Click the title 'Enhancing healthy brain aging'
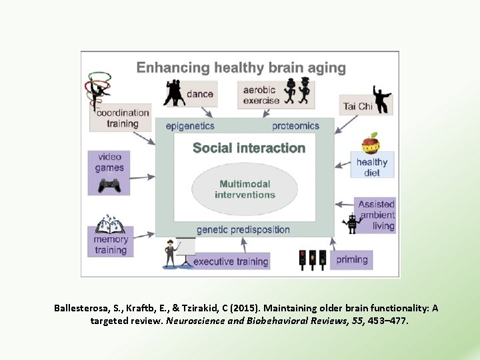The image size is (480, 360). (x=241, y=67)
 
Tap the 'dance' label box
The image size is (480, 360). (x=199, y=94)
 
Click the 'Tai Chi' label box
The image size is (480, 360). (x=358, y=106)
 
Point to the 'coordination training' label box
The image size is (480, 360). (x=122, y=118)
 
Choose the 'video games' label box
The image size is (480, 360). (x=109, y=163)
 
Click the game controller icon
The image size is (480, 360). (x=109, y=185)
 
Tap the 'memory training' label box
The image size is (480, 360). (x=111, y=244)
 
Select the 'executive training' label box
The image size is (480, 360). (x=231, y=261)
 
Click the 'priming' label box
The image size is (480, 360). (x=351, y=259)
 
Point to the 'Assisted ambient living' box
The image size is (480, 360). (x=376, y=215)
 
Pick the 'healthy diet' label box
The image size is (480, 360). (x=372, y=166)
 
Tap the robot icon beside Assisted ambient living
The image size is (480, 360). (x=352, y=223)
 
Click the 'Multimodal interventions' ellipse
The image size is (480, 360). (x=245, y=189)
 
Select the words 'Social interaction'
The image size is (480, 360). (x=249, y=148)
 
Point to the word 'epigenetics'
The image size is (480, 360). (x=190, y=125)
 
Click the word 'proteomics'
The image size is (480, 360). (x=295, y=125)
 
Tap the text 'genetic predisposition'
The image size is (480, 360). (x=243, y=229)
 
